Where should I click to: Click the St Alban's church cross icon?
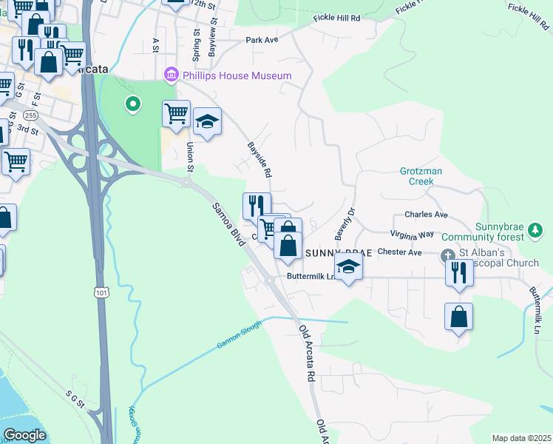[x=449, y=257]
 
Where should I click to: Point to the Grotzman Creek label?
[x=421, y=176]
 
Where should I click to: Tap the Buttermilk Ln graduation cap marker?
[x=348, y=269]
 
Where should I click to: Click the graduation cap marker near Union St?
[x=207, y=122]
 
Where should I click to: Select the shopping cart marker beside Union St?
[x=177, y=115]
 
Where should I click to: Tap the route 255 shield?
[x=31, y=115]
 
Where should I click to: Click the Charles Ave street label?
[x=426, y=215]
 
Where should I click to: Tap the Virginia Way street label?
[x=414, y=234]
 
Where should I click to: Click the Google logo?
[x=25, y=436]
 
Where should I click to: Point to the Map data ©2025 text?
[x=520, y=438]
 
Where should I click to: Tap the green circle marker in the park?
[x=133, y=104]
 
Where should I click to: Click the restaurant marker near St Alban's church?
[x=459, y=273]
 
